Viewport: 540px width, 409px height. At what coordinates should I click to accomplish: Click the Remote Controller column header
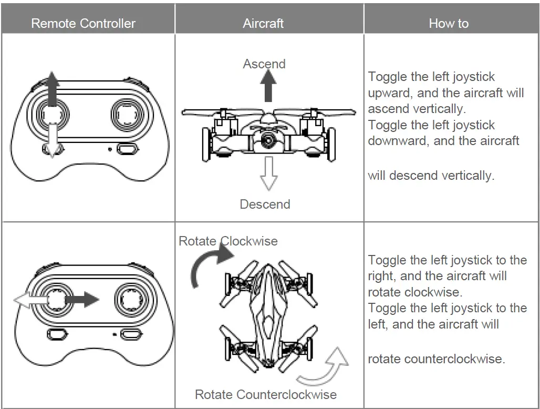click(x=83, y=24)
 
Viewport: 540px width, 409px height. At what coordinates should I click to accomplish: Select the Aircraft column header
click(x=263, y=24)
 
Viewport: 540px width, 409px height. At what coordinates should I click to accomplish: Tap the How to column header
click(x=449, y=24)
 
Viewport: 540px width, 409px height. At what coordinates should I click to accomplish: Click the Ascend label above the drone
click(x=264, y=64)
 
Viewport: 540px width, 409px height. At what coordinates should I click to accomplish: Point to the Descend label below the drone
click(x=265, y=204)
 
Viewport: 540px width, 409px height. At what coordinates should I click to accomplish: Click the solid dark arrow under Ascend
click(x=268, y=87)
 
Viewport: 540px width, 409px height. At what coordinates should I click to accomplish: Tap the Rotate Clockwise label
click(x=228, y=241)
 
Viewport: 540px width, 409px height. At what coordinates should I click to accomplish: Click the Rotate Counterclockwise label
click(x=266, y=394)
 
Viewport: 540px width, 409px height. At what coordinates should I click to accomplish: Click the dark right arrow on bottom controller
click(x=82, y=300)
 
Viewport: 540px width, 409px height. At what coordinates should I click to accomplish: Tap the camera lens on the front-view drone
click(x=268, y=141)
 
